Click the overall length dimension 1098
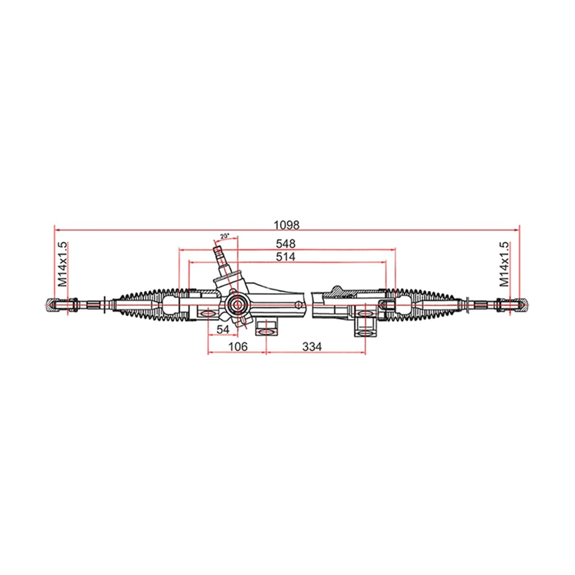tap(286, 225)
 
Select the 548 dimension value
tap(285, 244)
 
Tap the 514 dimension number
tap(285, 257)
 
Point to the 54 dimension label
tap(223, 329)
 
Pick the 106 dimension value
tap(238, 347)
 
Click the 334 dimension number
tap(312, 347)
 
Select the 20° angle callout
tap(225, 236)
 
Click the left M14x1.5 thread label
tap(63, 264)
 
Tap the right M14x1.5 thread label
tap(504, 264)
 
